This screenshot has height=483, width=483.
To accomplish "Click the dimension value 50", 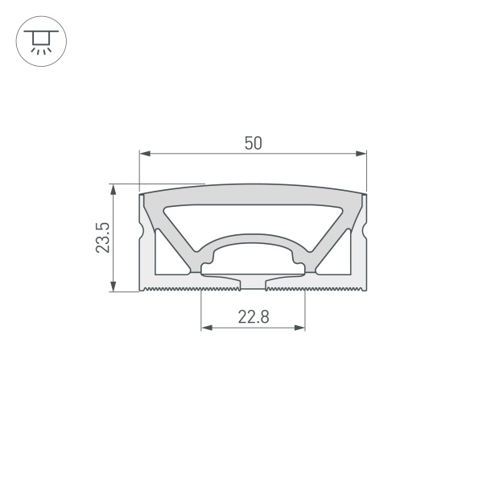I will coord(253,143).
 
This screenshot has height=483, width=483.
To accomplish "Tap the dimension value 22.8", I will coord(253,317).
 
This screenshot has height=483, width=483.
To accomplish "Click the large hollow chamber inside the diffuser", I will coord(253,217).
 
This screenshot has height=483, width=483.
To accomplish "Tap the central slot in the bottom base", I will coord(253,283).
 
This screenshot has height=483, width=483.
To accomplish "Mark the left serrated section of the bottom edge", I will coord(169,287).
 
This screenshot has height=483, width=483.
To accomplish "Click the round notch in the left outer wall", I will coord(142,233).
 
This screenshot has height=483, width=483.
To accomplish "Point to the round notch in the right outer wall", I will coord(364,233).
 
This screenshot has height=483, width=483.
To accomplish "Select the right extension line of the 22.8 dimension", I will coord(306,310).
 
